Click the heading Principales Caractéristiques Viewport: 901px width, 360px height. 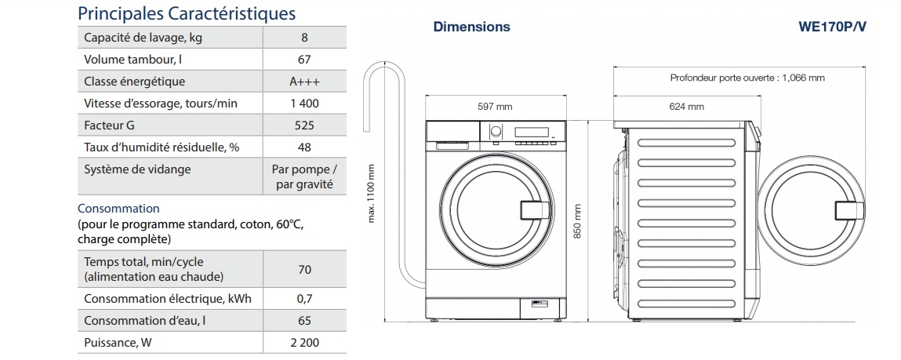[187, 13]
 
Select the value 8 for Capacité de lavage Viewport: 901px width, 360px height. [304, 38]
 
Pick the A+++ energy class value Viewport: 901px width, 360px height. [304, 82]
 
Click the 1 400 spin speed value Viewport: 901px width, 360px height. [304, 104]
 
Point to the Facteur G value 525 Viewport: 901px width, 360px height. [304, 125]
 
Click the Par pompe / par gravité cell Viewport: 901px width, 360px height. [304, 177]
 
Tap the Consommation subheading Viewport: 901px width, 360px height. [118, 209]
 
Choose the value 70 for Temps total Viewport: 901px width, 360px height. [304, 270]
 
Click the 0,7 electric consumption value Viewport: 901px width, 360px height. [304, 299]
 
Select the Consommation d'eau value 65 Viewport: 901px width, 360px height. [304, 321]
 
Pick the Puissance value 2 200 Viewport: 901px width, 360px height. [304, 343]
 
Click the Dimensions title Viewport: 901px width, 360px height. [471, 27]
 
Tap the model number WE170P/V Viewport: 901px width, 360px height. [833, 27]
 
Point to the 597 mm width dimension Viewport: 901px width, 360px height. [495, 107]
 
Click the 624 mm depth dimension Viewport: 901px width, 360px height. [686, 107]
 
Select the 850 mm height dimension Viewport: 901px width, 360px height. [578, 222]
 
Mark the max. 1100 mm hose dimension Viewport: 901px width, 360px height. [372, 193]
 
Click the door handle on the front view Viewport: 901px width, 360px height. [533, 211]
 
